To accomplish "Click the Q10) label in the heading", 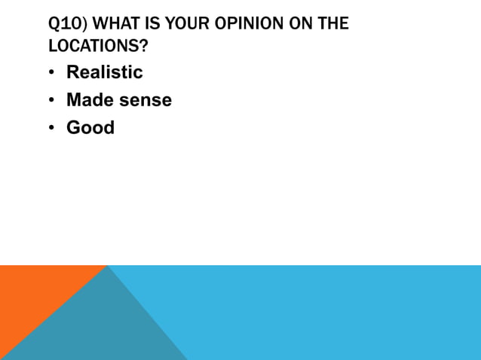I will [x=65, y=24].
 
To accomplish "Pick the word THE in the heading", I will [x=333, y=24].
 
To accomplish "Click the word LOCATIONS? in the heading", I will [x=97, y=45].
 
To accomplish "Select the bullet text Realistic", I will [x=104, y=72].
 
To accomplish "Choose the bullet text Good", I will [x=90, y=127].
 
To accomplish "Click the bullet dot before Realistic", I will [x=51, y=73].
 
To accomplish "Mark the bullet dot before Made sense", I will [x=51, y=100].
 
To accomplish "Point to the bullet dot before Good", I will [x=51, y=128].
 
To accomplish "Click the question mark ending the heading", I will [x=143, y=45].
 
